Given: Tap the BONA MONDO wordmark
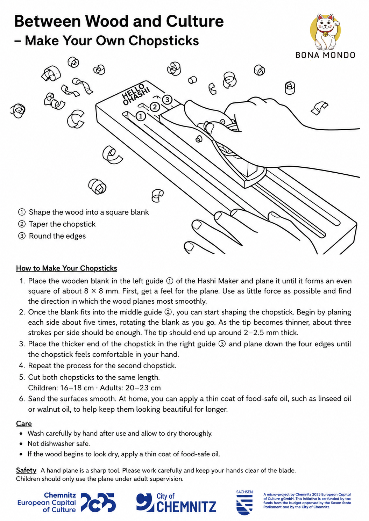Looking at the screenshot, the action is click(x=325, y=55).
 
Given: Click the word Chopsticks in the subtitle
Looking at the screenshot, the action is click(x=163, y=41).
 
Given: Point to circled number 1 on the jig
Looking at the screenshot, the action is click(x=140, y=116).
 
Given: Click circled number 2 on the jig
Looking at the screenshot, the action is click(x=154, y=107).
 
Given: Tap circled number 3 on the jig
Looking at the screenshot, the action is click(x=167, y=100).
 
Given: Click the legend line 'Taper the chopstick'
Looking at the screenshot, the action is click(x=62, y=224).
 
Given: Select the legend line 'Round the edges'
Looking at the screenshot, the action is click(x=57, y=236).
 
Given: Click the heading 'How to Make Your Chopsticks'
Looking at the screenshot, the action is click(x=66, y=268).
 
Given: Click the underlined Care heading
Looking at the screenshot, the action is click(x=24, y=424).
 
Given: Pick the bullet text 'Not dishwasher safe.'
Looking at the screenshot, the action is click(x=59, y=443).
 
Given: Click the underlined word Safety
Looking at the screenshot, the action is click(x=26, y=470).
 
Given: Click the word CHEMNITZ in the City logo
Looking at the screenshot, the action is click(x=186, y=507).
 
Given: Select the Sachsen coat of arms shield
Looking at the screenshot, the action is click(x=244, y=505).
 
